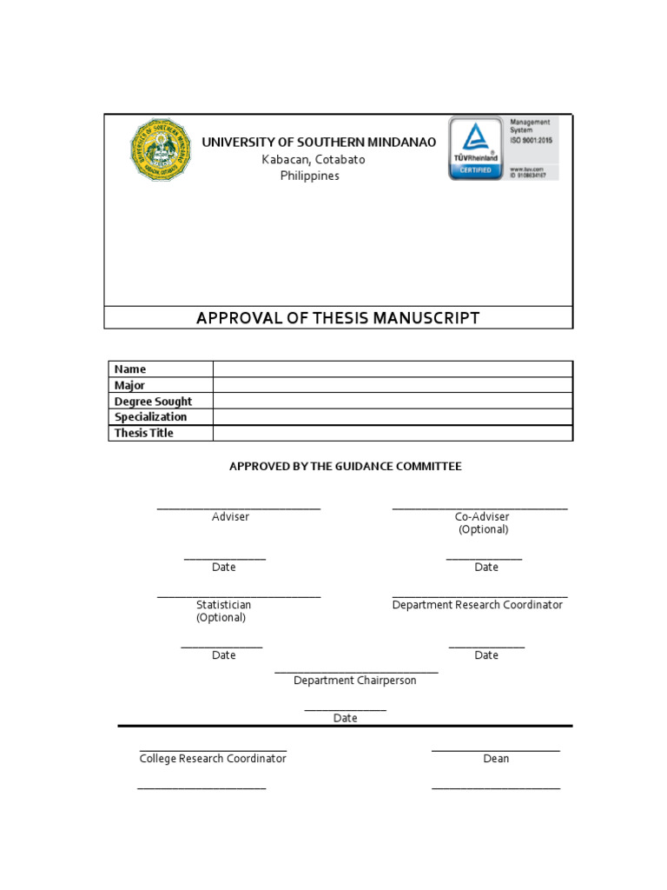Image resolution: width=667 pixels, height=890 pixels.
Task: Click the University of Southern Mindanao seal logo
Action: click(x=162, y=149)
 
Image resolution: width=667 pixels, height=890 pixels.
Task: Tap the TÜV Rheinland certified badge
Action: click(x=474, y=149)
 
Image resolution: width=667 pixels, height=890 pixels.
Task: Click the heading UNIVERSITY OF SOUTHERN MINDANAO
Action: click(x=319, y=142)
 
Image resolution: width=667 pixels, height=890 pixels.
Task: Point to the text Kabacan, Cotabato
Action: click(x=314, y=159)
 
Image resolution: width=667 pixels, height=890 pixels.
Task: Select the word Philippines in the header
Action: click(x=309, y=176)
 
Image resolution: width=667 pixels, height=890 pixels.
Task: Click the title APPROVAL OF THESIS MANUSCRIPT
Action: click(x=338, y=318)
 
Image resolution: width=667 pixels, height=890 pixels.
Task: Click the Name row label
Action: click(x=130, y=369)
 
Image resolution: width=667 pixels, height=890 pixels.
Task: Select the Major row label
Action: click(x=130, y=385)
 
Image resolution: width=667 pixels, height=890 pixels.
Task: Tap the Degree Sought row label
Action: click(x=153, y=402)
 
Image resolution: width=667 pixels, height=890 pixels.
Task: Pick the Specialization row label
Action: click(x=150, y=417)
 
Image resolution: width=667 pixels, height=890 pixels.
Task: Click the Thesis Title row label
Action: click(x=144, y=433)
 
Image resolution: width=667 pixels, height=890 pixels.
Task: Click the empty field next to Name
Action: click(x=393, y=369)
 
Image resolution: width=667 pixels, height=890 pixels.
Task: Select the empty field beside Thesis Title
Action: click(x=393, y=433)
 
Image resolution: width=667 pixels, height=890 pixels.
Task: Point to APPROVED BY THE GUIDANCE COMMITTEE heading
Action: click(x=345, y=467)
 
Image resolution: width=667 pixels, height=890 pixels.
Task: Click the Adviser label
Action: click(x=230, y=517)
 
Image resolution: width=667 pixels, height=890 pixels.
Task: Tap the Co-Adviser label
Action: click(x=482, y=517)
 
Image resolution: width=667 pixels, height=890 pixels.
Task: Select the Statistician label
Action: click(x=223, y=605)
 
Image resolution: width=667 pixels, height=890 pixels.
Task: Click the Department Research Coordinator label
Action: click(x=478, y=605)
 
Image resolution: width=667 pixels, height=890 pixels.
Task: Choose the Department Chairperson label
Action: click(x=354, y=681)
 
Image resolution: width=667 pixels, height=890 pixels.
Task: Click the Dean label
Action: click(x=496, y=759)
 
